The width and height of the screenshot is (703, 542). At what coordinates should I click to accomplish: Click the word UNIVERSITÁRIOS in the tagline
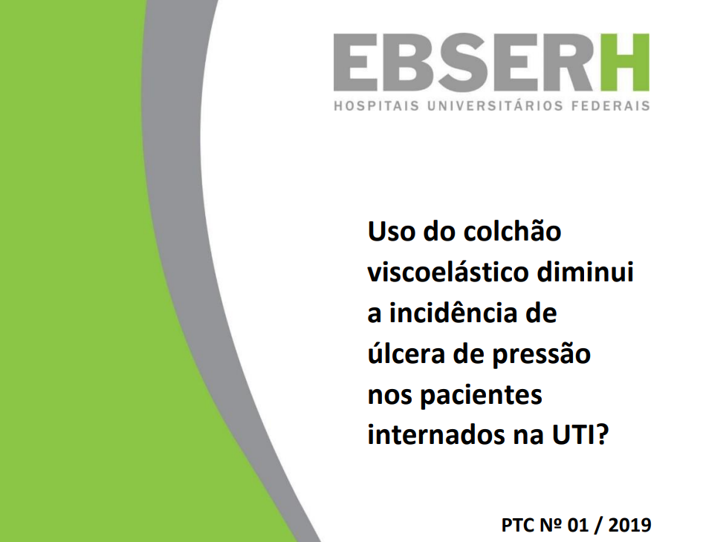click(x=497, y=105)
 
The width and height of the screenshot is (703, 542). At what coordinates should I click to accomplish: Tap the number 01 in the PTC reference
click(x=577, y=526)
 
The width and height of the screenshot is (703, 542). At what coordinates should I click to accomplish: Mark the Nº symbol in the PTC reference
click(x=550, y=526)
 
